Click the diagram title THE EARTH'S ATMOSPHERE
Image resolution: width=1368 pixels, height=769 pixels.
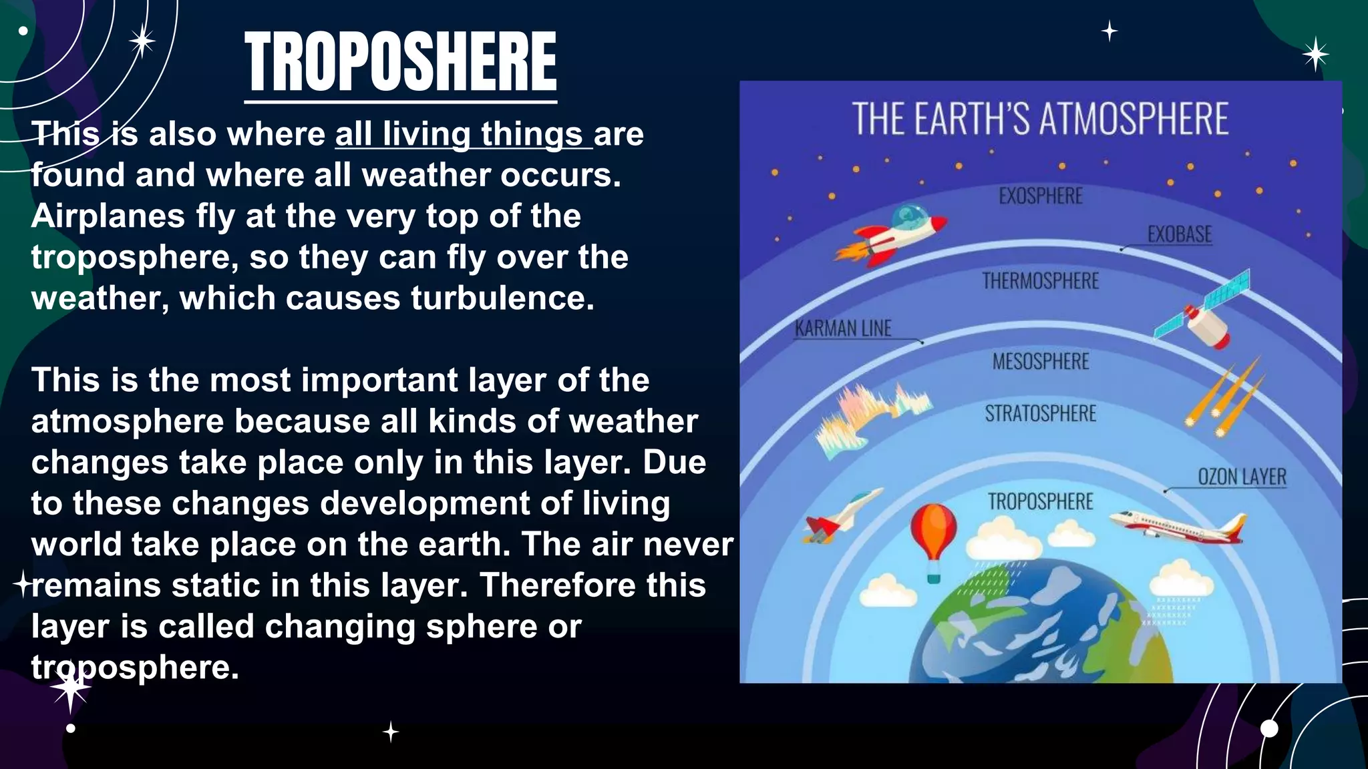[1040, 119]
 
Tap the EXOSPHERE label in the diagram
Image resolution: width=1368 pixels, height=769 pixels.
[1040, 196]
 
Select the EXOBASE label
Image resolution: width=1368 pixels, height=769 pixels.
[1179, 234]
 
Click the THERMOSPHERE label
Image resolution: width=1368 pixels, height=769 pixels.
[1040, 281]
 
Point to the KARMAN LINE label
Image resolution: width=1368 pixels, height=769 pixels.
[843, 328]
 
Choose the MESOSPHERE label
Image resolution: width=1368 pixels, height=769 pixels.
[1040, 362]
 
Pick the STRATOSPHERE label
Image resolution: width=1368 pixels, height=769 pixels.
[1040, 414]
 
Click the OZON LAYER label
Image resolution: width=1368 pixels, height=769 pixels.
[1242, 477]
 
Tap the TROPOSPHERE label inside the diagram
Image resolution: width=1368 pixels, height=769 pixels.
[1040, 502]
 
